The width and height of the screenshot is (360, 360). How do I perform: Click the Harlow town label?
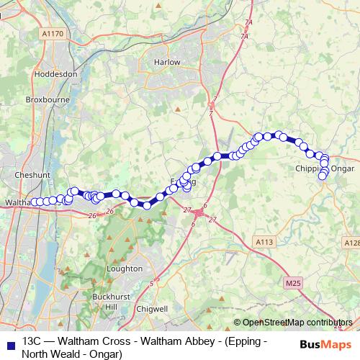pos(166,62)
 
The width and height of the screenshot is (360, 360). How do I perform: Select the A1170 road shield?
pos(52,33)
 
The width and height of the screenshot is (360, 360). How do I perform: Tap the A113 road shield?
pos(264,243)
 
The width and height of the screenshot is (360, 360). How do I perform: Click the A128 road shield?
pos(351,243)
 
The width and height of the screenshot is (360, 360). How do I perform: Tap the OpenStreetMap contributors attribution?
pos(297,323)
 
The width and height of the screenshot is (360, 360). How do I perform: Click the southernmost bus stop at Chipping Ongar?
pos(323,176)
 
